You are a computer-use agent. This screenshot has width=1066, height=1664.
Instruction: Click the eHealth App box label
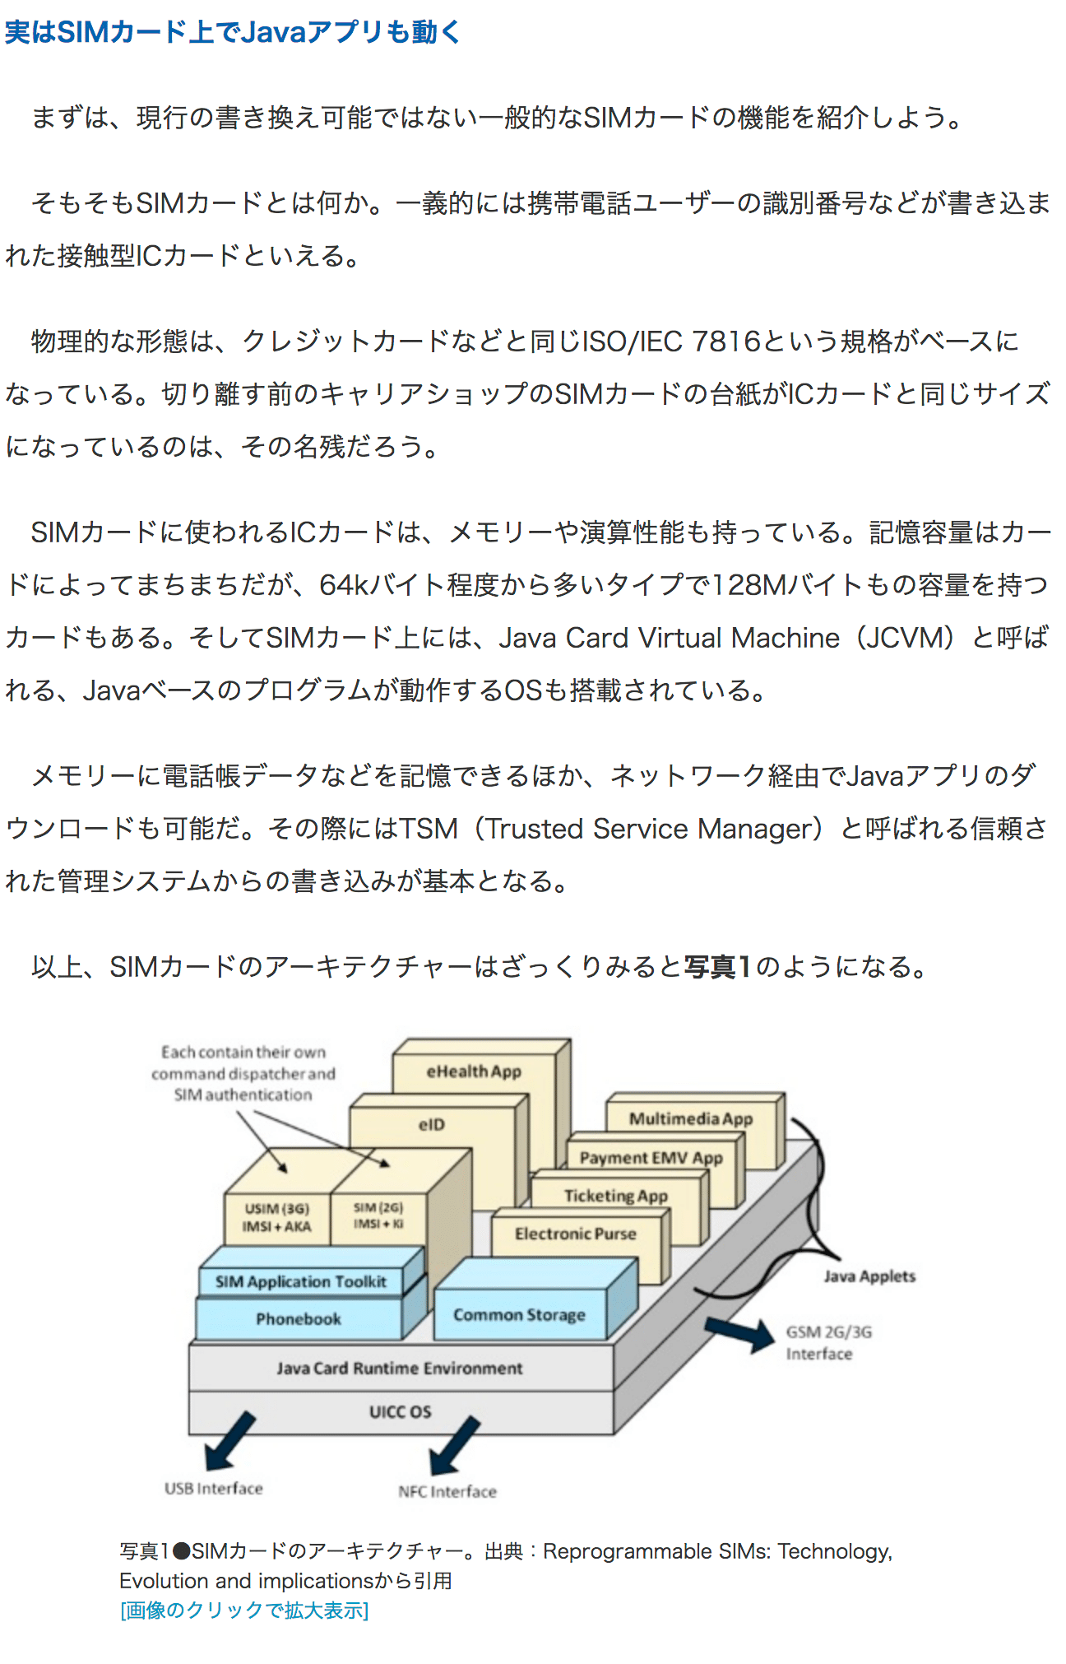[x=474, y=1071]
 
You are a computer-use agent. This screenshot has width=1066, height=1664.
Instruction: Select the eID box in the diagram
[x=432, y=1125]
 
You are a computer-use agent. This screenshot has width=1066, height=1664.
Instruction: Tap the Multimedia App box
[x=691, y=1118]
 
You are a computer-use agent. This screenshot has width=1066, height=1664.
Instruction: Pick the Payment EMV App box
[x=651, y=1158]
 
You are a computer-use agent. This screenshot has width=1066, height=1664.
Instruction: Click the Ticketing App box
[x=615, y=1196]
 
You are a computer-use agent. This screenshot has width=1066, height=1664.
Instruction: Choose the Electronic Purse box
[x=576, y=1234]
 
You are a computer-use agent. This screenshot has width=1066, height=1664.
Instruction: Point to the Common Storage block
[x=519, y=1315]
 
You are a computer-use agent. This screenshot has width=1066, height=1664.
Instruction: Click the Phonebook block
[x=298, y=1319]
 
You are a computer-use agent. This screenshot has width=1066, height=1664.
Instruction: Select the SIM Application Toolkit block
[x=300, y=1281]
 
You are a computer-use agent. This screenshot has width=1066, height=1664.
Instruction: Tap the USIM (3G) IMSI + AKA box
[x=277, y=1217]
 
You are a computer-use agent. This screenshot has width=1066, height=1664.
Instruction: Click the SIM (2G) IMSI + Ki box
[x=378, y=1215]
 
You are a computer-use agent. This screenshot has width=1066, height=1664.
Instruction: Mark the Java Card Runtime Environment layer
[x=400, y=1368]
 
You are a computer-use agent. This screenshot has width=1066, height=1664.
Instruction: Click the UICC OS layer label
[x=400, y=1412]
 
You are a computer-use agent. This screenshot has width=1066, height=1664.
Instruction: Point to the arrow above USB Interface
[x=229, y=1441]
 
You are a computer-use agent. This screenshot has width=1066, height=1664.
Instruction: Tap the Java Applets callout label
[x=869, y=1276]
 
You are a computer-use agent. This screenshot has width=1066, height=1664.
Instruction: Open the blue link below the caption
[x=244, y=1611]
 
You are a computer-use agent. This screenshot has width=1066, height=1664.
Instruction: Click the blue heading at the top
[x=233, y=32]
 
